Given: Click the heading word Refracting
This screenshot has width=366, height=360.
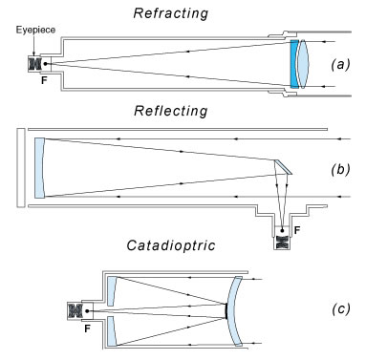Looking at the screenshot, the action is (x=171, y=13).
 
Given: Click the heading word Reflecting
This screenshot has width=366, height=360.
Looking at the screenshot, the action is (x=171, y=111).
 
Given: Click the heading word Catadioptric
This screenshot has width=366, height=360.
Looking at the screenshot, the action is (x=171, y=245).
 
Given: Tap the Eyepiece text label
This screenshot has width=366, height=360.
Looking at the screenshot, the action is (x=35, y=30).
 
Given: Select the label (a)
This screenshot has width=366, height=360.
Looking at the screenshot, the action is (x=340, y=65).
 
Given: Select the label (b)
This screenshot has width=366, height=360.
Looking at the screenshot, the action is (x=340, y=169).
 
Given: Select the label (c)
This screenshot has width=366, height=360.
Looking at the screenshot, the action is (x=340, y=309).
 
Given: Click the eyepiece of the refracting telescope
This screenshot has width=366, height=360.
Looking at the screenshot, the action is (x=35, y=64).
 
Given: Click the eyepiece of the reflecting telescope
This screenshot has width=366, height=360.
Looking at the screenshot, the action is (x=282, y=242).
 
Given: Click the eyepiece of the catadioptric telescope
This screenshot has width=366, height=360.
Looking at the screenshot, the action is (x=75, y=310).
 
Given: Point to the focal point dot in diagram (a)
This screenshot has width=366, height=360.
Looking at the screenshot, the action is (x=45, y=64).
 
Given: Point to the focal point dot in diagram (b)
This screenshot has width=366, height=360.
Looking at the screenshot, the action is (x=282, y=230).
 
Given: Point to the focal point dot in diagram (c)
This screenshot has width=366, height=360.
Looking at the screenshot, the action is (x=87, y=311).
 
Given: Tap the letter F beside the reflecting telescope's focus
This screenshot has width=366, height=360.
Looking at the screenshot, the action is (x=297, y=230).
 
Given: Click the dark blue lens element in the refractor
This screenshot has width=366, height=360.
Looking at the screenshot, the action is (x=294, y=64).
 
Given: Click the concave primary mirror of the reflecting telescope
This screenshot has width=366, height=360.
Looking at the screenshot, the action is (x=39, y=168).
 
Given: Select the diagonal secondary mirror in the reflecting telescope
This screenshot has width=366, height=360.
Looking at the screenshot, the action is (x=283, y=167).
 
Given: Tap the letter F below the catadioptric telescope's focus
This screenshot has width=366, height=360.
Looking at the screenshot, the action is (x=88, y=328).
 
